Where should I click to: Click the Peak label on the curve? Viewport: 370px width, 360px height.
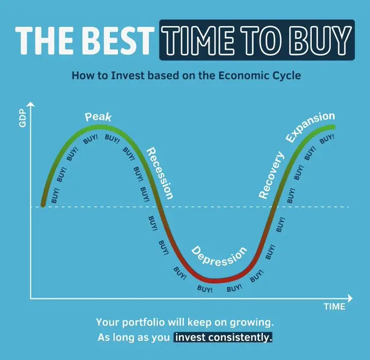pyautogui.click(x=98, y=117)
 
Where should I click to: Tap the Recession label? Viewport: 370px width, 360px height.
pyautogui.click(x=160, y=173)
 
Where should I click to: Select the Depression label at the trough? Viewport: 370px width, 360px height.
pyautogui.click(x=219, y=257)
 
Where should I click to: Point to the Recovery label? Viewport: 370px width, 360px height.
pyautogui.click(x=272, y=175)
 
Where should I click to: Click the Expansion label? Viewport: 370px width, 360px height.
pyautogui.click(x=310, y=127)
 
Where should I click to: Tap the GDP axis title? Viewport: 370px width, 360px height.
pyautogui.click(x=22, y=118)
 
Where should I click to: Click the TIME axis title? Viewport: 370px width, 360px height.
pyautogui.click(x=335, y=307)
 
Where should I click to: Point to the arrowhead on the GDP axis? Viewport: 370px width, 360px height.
pyautogui.click(x=30, y=104)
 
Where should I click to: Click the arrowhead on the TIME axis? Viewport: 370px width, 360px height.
pyautogui.click(x=350, y=298)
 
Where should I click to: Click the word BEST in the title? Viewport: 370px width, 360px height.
pyautogui.click(x=118, y=40)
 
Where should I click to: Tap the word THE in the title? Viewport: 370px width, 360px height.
pyautogui.click(x=47, y=40)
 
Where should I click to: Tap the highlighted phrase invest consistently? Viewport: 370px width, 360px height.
pyautogui.click(x=223, y=337)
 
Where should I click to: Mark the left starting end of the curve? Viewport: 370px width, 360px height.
pyautogui.click(x=43, y=205)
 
